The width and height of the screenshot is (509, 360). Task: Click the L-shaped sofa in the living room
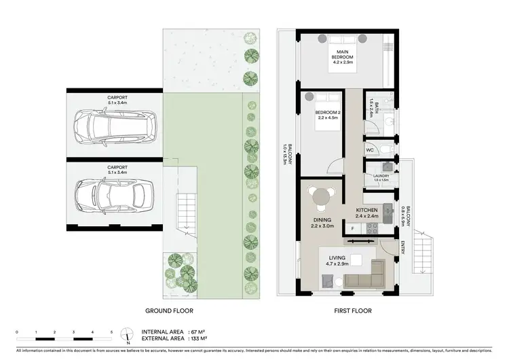point(366,276)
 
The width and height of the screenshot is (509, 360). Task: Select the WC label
point(370,149)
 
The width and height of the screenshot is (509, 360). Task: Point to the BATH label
point(372,107)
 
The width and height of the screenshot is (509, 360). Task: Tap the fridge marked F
point(353,228)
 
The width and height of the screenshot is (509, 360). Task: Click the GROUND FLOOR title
point(169,310)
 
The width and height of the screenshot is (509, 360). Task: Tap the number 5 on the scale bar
point(111,331)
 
